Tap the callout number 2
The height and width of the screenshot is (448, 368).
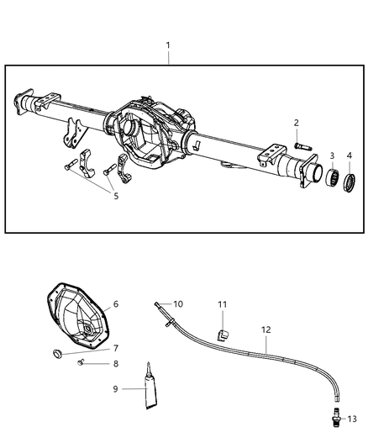point(296,124)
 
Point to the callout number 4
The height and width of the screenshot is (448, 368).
point(350,155)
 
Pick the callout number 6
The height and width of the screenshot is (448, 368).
point(116,304)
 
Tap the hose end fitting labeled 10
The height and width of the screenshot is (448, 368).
point(159,304)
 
